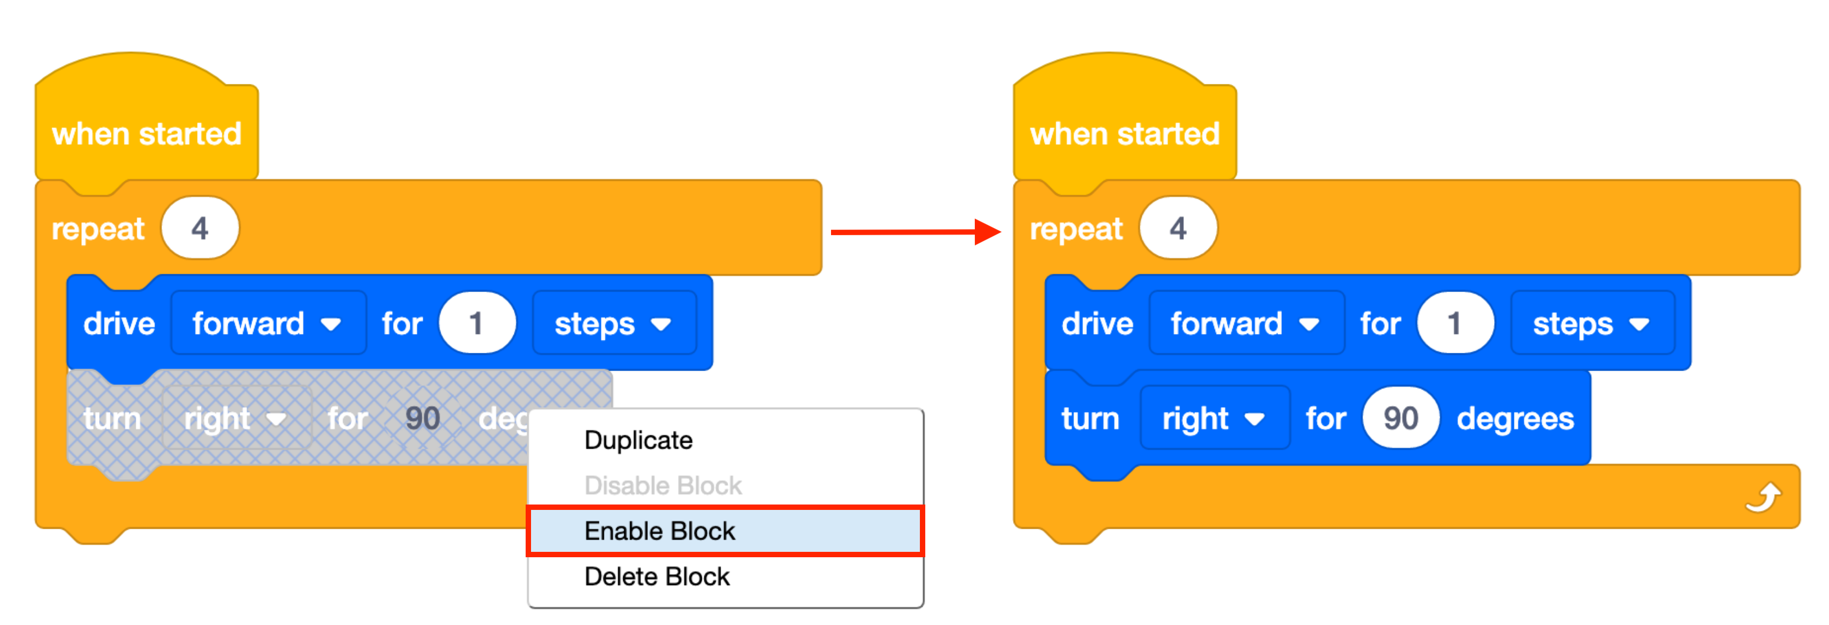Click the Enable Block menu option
pos(724,531)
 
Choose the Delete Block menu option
pos(656,576)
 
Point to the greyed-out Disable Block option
pos(662,485)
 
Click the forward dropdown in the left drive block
pos(268,323)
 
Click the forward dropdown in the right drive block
pos(1246,323)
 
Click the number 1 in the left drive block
pos(477,323)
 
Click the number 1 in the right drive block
pos(1455,323)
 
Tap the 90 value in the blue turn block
pos(1400,418)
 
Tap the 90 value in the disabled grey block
pos(422,418)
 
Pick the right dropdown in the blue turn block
pos(1214,418)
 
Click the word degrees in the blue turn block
pos(1514,418)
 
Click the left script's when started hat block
pos(146,133)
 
